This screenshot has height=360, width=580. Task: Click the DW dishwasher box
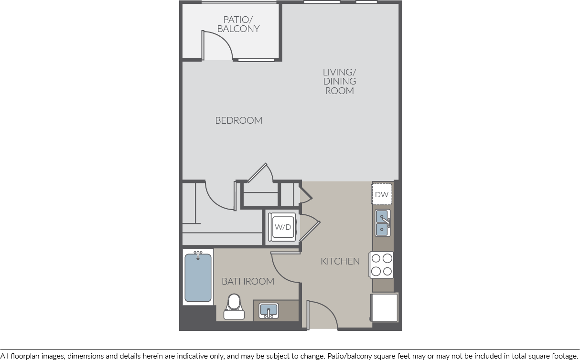coord(382,194)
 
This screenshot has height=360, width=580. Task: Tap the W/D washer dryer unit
coord(282,227)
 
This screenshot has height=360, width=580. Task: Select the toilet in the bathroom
coord(234,307)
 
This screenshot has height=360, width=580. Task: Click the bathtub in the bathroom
coord(198,277)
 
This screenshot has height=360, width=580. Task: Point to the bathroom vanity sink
coord(269,310)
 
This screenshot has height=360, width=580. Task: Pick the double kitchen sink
coord(383,223)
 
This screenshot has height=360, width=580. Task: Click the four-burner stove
coord(381,265)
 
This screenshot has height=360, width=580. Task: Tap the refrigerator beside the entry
coord(384,308)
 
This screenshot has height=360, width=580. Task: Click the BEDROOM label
coord(238,120)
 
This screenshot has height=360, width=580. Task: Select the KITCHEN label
coord(340,261)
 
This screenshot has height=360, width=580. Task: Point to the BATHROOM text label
coord(248,281)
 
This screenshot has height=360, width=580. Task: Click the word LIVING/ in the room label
coord(340,72)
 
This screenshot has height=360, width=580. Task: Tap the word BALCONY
coord(238,29)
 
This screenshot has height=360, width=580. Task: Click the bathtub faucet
coord(198,255)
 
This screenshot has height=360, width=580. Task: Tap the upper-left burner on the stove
coord(376,258)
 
